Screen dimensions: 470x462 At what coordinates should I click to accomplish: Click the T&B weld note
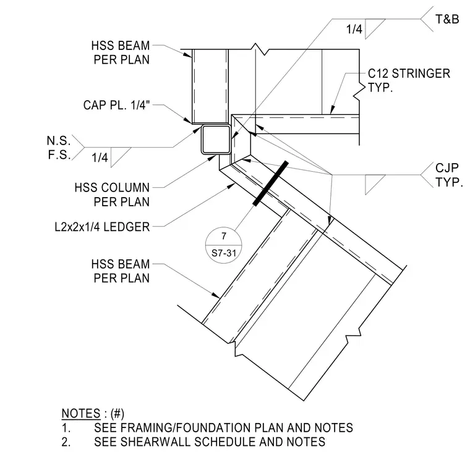point(447,20)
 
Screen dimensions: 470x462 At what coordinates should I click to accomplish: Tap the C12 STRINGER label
point(409,73)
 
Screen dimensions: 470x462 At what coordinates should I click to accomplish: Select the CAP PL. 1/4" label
point(116,105)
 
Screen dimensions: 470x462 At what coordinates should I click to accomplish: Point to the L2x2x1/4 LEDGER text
point(102,227)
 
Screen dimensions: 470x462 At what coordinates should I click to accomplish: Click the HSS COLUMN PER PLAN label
point(112,195)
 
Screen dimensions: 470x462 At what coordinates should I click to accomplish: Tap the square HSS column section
point(216,140)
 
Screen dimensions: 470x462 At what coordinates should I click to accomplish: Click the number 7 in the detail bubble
point(224,236)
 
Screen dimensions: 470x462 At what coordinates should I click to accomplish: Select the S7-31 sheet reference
point(224,253)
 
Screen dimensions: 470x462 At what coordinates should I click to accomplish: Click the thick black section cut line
point(271,183)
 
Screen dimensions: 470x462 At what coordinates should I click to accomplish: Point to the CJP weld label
point(446,168)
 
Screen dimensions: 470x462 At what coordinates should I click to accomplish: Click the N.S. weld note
point(59,141)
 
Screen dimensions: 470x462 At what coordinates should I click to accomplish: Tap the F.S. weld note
point(59,155)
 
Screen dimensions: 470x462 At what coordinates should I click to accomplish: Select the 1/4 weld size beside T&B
point(354,30)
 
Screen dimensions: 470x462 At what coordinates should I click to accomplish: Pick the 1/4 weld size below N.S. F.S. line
point(100,157)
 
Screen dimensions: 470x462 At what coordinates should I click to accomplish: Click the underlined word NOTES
point(81,413)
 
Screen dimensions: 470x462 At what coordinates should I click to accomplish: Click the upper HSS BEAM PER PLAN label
point(121,52)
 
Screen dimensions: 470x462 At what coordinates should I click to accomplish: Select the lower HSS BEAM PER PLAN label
point(121,271)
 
